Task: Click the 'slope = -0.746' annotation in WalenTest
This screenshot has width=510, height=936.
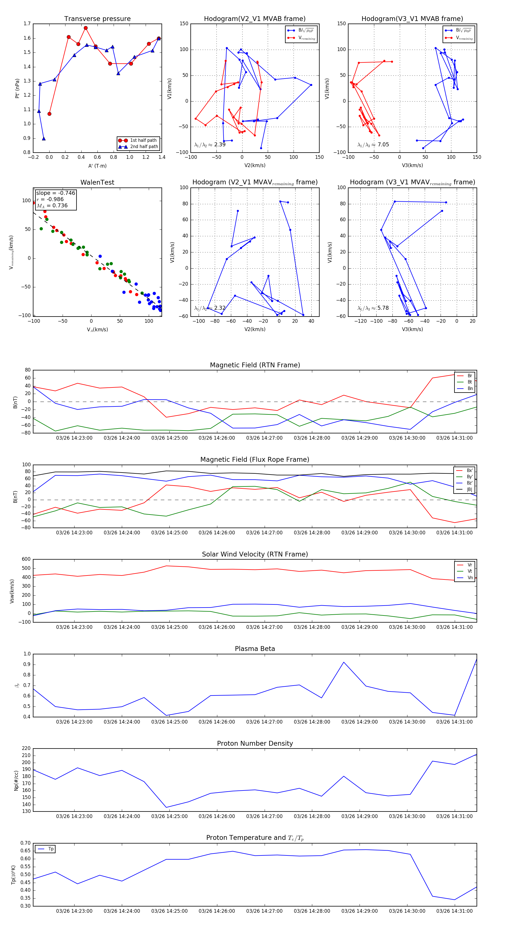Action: point(56,193)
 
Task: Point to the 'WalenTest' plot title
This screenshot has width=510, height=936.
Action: point(97,182)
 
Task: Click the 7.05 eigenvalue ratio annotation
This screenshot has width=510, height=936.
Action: point(373,145)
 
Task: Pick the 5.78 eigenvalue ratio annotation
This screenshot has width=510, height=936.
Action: point(373,308)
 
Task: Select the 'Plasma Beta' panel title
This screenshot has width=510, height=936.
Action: point(255,649)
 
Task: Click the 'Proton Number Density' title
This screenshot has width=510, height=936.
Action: point(255,743)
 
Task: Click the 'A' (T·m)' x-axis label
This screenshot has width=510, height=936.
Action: point(97,166)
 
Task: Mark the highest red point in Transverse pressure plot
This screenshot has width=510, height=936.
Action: point(86,28)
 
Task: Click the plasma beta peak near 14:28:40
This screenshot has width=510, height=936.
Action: point(344,662)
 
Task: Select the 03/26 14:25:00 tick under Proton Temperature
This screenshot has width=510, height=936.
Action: point(169,911)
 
